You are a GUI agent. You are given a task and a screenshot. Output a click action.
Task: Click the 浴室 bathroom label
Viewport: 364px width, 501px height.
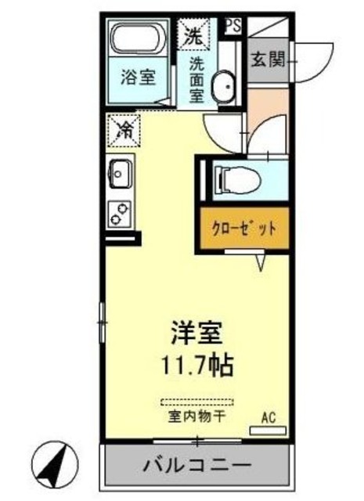point(137,78)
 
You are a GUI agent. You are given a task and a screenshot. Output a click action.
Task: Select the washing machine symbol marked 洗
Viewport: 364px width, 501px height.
point(194,34)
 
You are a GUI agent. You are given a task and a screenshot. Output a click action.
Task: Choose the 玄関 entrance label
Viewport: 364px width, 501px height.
point(267,59)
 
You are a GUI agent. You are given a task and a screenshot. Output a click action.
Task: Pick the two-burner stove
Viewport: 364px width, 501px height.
point(120,212)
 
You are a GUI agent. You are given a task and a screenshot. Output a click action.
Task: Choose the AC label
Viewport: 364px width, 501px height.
point(267,417)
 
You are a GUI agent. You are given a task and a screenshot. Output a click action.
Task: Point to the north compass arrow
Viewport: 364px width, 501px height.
point(56,466)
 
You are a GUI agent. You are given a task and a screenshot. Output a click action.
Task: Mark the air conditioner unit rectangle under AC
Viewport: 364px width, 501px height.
point(267,430)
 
